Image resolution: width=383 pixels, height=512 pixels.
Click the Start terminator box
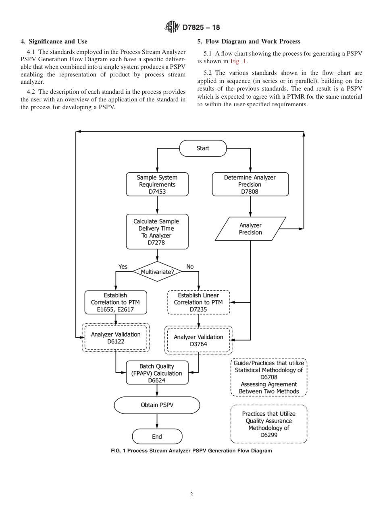pyautogui.click(x=203, y=148)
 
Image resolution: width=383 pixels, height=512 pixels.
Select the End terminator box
pyautogui.click(x=157, y=436)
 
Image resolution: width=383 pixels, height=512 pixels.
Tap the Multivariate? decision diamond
pyautogui.click(x=157, y=272)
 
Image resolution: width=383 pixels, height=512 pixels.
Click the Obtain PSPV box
pyautogui.click(x=157, y=405)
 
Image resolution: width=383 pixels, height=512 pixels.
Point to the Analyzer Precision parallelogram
pyautogui.click(x=250, y=229)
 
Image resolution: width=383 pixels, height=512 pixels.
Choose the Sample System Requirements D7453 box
pyautogui.click(x=157, y=184)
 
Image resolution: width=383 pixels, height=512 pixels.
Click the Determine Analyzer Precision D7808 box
pyautogui.click(x=250, y=184)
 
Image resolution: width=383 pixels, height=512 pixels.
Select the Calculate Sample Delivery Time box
pyautogui.click(x=157, y=232)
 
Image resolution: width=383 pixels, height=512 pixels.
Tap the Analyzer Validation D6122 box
pyautogui.click(x=116, y=338)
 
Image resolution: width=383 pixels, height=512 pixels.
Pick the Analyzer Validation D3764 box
pyautogui.click(x=198, y=340)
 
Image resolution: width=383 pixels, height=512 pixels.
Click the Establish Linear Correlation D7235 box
pyautogui.click(x=198, y=302)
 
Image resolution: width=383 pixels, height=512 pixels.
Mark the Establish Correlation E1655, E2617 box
pyautogui.click(x=115, y=302)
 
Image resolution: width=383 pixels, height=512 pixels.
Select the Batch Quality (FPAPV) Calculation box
pyautogui.click(x=157, y=373)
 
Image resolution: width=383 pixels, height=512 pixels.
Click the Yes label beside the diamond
pyautogui.click(x=123, y=266)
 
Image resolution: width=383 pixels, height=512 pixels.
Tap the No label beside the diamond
pyautogui.click(x=190, y=266)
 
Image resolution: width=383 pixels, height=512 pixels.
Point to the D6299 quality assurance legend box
pyautogui.click(x=269, y=424)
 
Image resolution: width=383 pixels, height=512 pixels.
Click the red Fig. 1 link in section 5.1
pyautogui.click(x=239, y=62)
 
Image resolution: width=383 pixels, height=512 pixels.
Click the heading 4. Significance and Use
pyautogui.click(x=54, y=41)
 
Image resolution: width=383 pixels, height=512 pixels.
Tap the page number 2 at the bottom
pyautogui.click(x=191, y=495)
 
